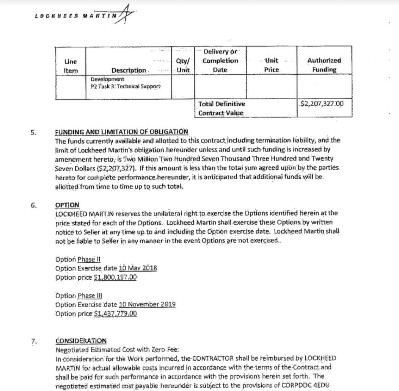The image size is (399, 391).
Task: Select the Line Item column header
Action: pyautogui.click(x=71, y=66)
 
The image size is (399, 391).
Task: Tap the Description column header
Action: pyautogui.click(x=129, y=70)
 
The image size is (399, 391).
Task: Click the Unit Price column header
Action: pyautogui.click(x=272, y=65)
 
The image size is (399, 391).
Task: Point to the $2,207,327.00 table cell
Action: pyautogui.click(x=321, y=103)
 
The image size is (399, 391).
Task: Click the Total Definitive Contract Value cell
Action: pyautogui.click(x=221, y=108)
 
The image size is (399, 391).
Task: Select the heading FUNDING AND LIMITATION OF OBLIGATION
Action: pyautogui.click(x=121, y=132)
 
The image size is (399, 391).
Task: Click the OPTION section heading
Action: pyautogui.click(x=67, y=205)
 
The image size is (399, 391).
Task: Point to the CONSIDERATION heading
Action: pyautogui.click(x=81, y=341)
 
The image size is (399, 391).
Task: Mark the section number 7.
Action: pyautogui.click(x=34, y=341)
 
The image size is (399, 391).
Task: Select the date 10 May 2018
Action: pyautogui.click(x=138, y=268)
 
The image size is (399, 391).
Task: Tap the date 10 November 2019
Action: pyautogui.click(x=147, y=304)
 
